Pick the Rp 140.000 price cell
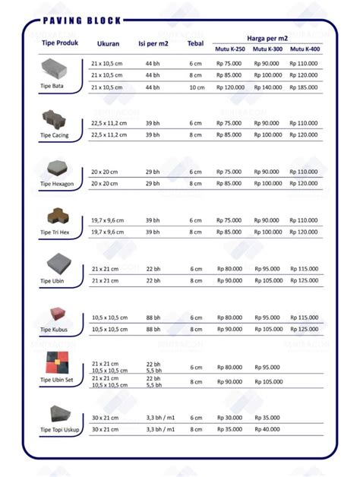tap(267, 88)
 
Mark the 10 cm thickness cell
tap(196, 88)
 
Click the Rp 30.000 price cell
tap(229, 417)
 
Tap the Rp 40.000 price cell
tap(267, 429)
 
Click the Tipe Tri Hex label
tap(56, 232)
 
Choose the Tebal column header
tap(195, 43)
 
